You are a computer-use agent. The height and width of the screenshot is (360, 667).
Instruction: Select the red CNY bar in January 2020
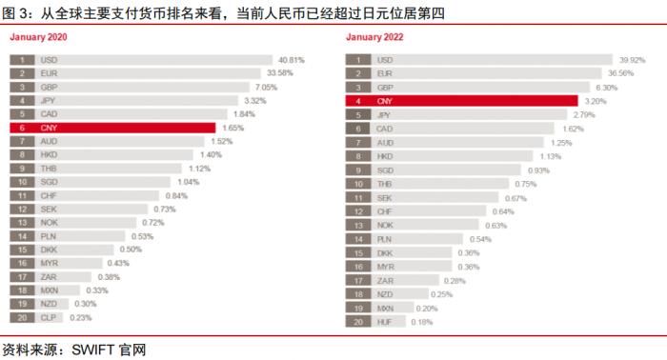(x=124, y=127)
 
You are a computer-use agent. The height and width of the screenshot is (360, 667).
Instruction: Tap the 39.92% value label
(x=626, y=59)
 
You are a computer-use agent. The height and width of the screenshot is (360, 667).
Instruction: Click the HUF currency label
(x=384, y=323)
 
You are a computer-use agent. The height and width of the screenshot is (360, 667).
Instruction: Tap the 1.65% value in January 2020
(x=233, y=127)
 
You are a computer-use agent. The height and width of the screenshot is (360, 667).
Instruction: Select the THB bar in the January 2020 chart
(x=105, y=168)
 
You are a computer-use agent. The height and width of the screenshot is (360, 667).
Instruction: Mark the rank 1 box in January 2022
(x=356, y=59)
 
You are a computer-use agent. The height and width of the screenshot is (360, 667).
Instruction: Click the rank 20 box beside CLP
(x=22, y=317)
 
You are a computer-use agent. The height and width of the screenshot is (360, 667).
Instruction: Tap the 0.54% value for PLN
(x=481, y=239)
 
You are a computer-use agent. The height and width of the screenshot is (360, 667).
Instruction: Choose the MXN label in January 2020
(x=50, y=290)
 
